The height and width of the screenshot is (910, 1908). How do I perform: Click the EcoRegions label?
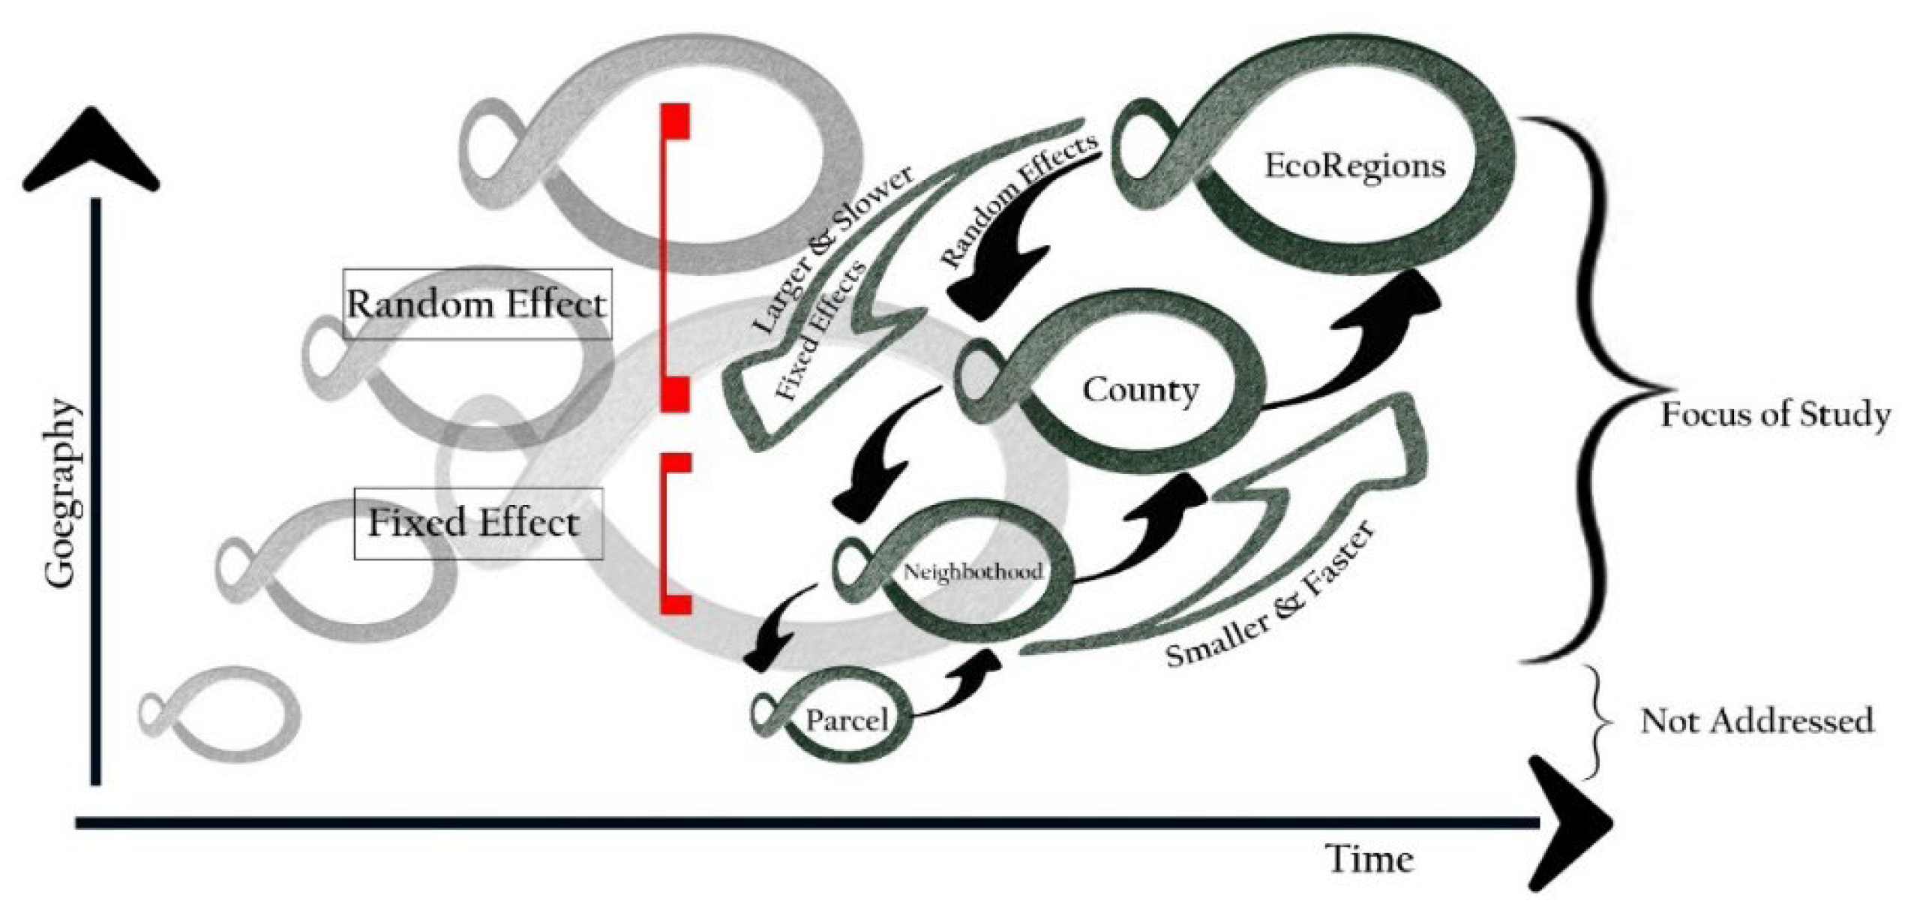(1354, 166)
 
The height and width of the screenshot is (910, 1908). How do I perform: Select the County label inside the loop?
(1140, 390)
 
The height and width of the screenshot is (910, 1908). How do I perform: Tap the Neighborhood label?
(973, 572)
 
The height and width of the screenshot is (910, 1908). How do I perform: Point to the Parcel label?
(847, 721)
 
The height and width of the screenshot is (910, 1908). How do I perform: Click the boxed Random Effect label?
(477, 305)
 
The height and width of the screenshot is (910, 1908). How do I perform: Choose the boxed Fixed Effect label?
(477, 523)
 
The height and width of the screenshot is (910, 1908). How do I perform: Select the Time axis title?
(1369, 859)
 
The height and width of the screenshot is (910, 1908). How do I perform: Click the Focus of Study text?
(1775, 415)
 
